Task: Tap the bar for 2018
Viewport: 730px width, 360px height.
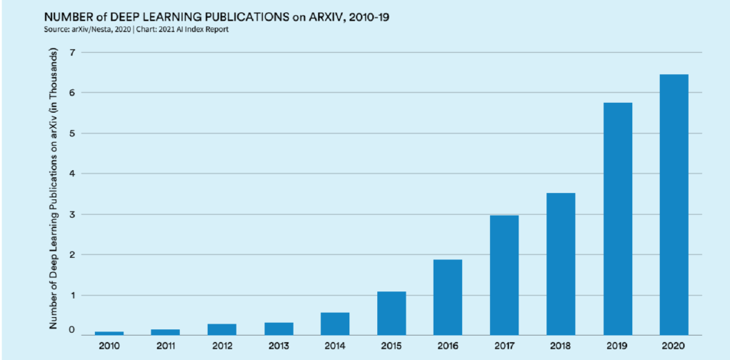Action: point(561,264)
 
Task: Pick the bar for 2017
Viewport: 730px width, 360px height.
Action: point(504,275)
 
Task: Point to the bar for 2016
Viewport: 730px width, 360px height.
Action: point(448,297)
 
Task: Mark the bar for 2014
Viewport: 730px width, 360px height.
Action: point(335,324)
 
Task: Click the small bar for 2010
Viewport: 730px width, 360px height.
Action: point(109,333)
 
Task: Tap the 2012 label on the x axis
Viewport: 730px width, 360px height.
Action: point(222,346)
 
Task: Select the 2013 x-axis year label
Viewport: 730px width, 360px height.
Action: point(279,346)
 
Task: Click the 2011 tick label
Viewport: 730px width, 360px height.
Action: point(166,346)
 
